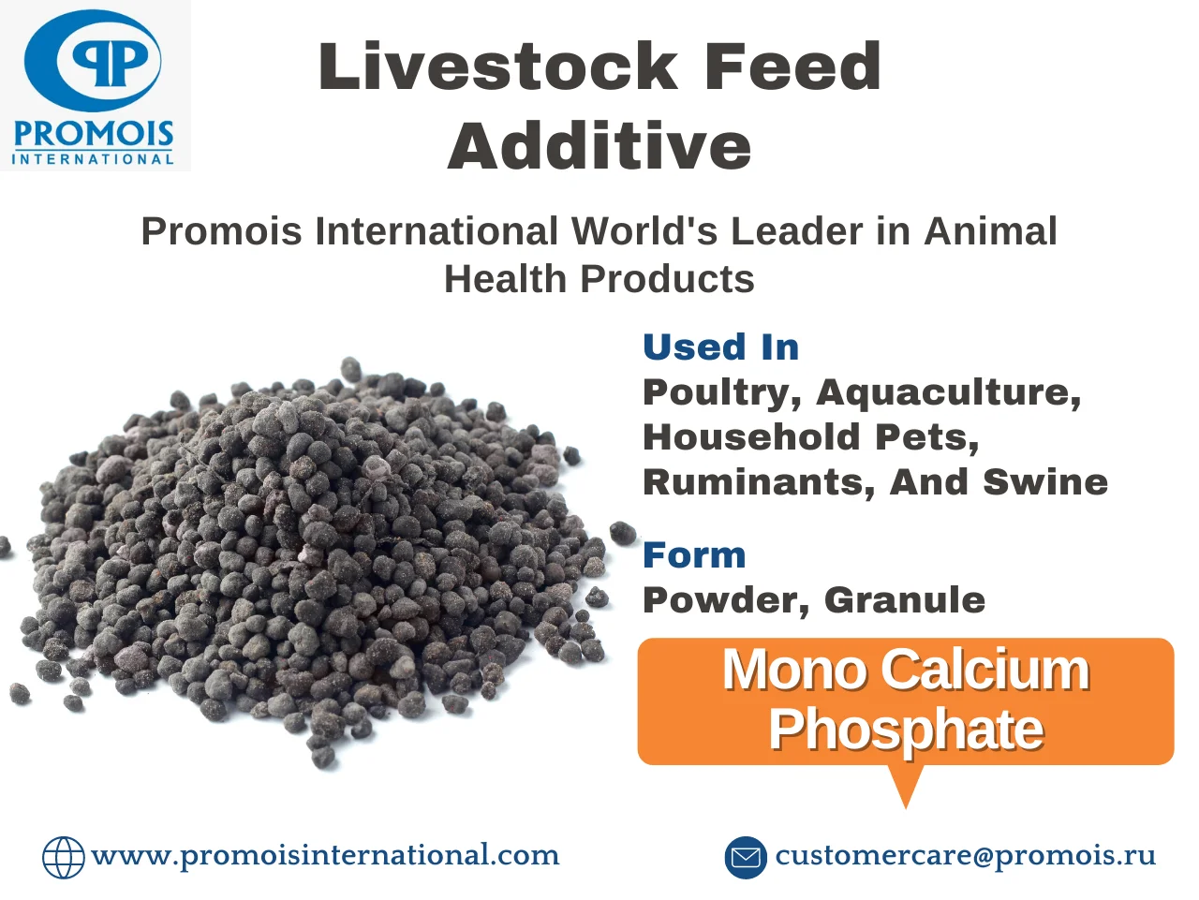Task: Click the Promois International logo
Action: [95, 85]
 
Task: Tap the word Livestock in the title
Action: [497, 66]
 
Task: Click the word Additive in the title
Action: [599, 146]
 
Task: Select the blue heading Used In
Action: [720, 347]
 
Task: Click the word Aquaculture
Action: [949, 392]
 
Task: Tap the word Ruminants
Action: [759, 482]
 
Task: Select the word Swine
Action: [1045, 482]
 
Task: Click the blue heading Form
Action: [694, 555]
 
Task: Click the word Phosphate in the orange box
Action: [906, 730]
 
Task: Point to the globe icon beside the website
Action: [64, 857]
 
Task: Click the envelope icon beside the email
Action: [746, 857]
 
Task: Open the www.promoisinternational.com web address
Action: [325, 855]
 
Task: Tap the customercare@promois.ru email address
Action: [966, 855]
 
